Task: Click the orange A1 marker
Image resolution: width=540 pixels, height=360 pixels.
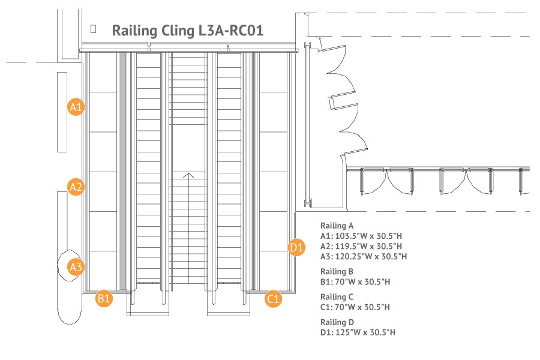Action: click(x=76, y=107)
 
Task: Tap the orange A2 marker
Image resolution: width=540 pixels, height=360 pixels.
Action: click(x=76, y=187)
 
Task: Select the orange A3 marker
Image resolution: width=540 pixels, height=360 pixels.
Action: click(x=76, y=267)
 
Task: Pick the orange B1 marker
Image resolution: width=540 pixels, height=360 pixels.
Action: click(x=104, y=298)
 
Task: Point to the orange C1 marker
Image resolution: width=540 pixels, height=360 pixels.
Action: click(x=274, y=298)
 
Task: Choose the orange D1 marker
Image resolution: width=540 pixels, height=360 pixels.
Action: click(x=296, y=247)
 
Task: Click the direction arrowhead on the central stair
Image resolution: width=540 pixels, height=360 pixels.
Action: click(x=188, y=176)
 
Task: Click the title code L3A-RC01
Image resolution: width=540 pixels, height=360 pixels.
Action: click(x=231, y=31)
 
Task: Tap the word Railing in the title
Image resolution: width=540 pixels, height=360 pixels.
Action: click(x=134, y=31)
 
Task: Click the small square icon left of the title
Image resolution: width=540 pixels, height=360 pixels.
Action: click(x=94, y=29)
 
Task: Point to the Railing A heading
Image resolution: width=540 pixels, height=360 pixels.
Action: click(x=337, y=226)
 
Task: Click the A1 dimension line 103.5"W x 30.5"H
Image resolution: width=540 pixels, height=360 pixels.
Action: click(x=361, y=236)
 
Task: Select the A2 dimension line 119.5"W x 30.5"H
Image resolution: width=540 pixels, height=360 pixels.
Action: click(x=361, y=247)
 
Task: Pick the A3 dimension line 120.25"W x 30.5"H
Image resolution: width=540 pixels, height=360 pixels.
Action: click(x=364, y=256)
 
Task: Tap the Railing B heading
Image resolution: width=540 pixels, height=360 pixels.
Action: click(x=337, y=271)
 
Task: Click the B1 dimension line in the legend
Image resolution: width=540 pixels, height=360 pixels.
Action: click(x=355, y=282)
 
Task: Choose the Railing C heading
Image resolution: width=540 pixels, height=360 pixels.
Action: click(x=337, y=296)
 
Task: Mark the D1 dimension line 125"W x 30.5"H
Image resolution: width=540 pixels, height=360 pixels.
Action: click(x=358, y=332)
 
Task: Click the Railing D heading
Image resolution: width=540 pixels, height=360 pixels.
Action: click(x=337, y=322)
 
